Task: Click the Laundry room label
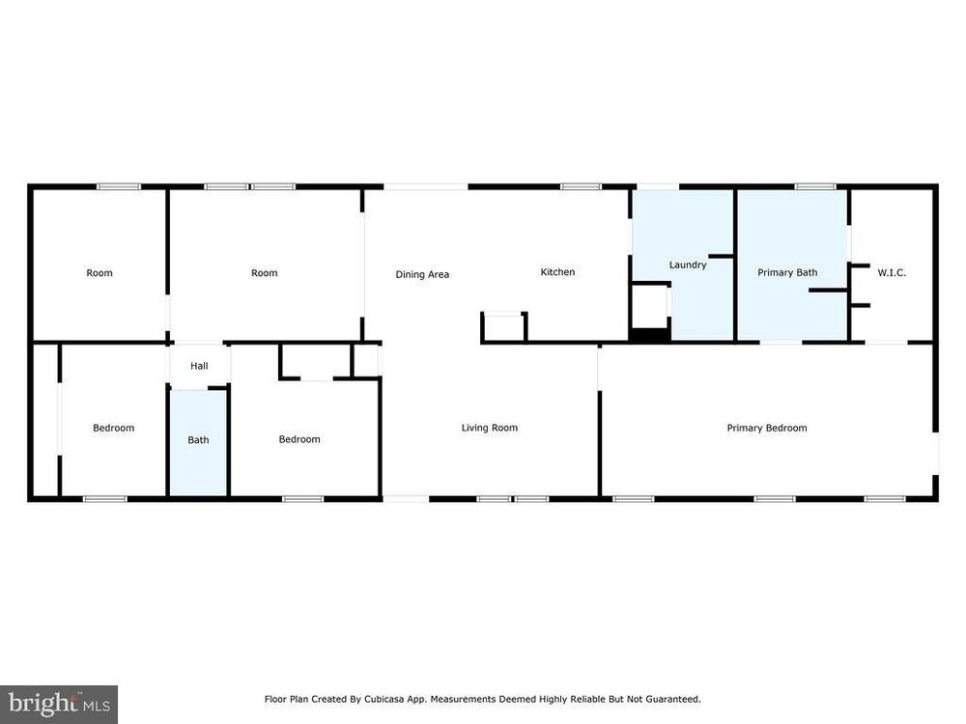[x=688, y=265]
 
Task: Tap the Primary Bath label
[x=787, y=272]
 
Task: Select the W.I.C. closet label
[x=892, y=272]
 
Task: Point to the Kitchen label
[x=557, y=271]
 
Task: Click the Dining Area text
[x=422, y=274]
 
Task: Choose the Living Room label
[x=489, y=428]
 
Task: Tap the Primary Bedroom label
[x=766, y=428]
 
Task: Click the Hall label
[x=199, y=366]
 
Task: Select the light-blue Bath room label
[x=198, y=439]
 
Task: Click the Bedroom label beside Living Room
[x=299, y=439]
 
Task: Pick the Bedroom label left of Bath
[x=113, y=428]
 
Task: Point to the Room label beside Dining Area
[x=265, y=273]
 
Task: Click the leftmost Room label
[x=99, y=273]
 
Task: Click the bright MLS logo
[x=59, y=704]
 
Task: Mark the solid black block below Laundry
[x=650, y=336]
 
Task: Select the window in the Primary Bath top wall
[x=815, y=186]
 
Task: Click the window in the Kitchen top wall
[x=581, y=186]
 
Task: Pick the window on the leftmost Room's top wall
[x=119, y=186]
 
